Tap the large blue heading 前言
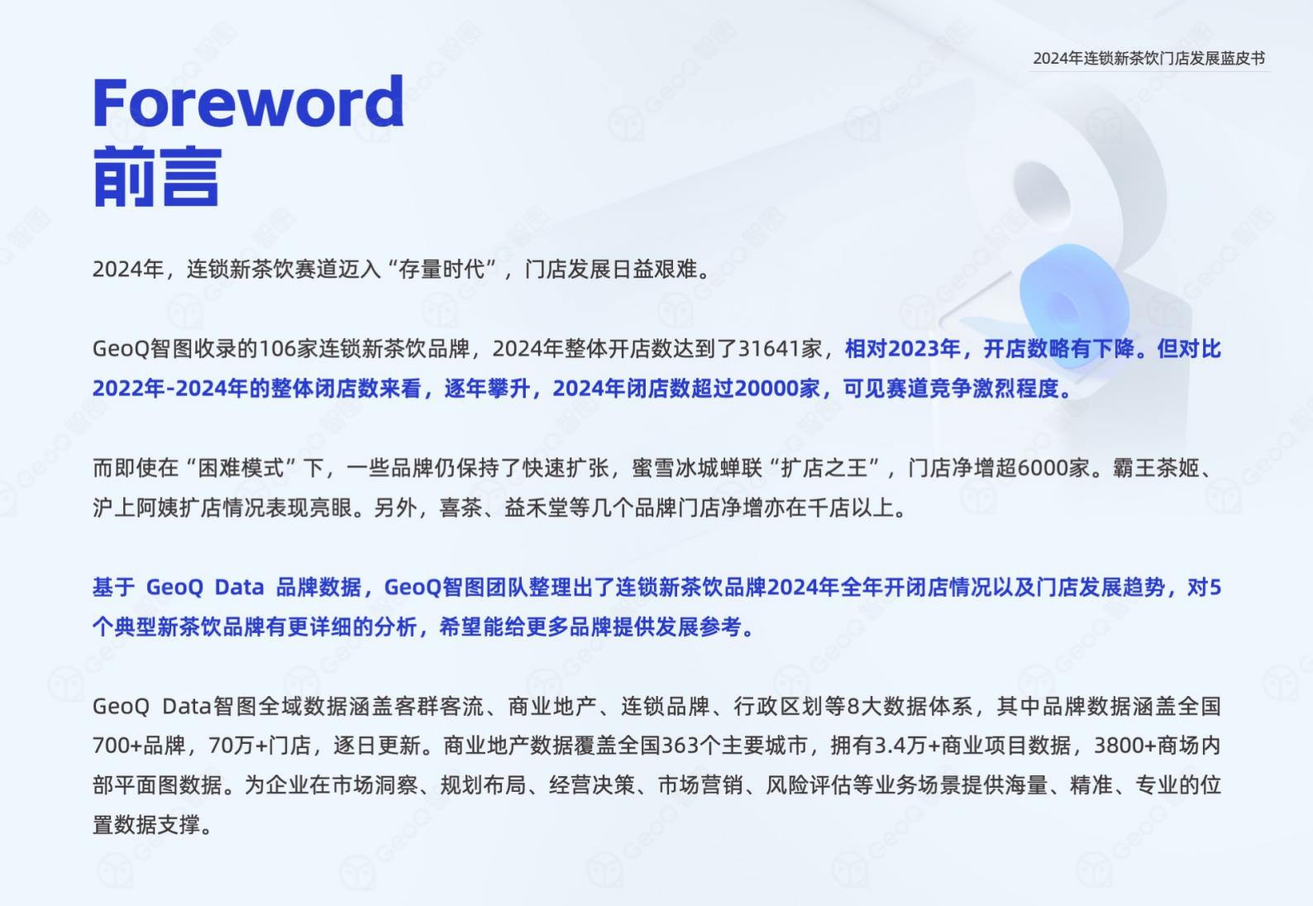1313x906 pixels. click(x=157, y=177)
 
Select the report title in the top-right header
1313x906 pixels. click(x=1149, y=59)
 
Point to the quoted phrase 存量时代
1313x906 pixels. click(x=442, y=269)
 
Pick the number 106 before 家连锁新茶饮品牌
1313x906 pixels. click(x=277, y=349)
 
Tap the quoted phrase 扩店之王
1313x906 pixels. click(x=824, y=468)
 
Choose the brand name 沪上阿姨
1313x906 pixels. click(x=136, y=508)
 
